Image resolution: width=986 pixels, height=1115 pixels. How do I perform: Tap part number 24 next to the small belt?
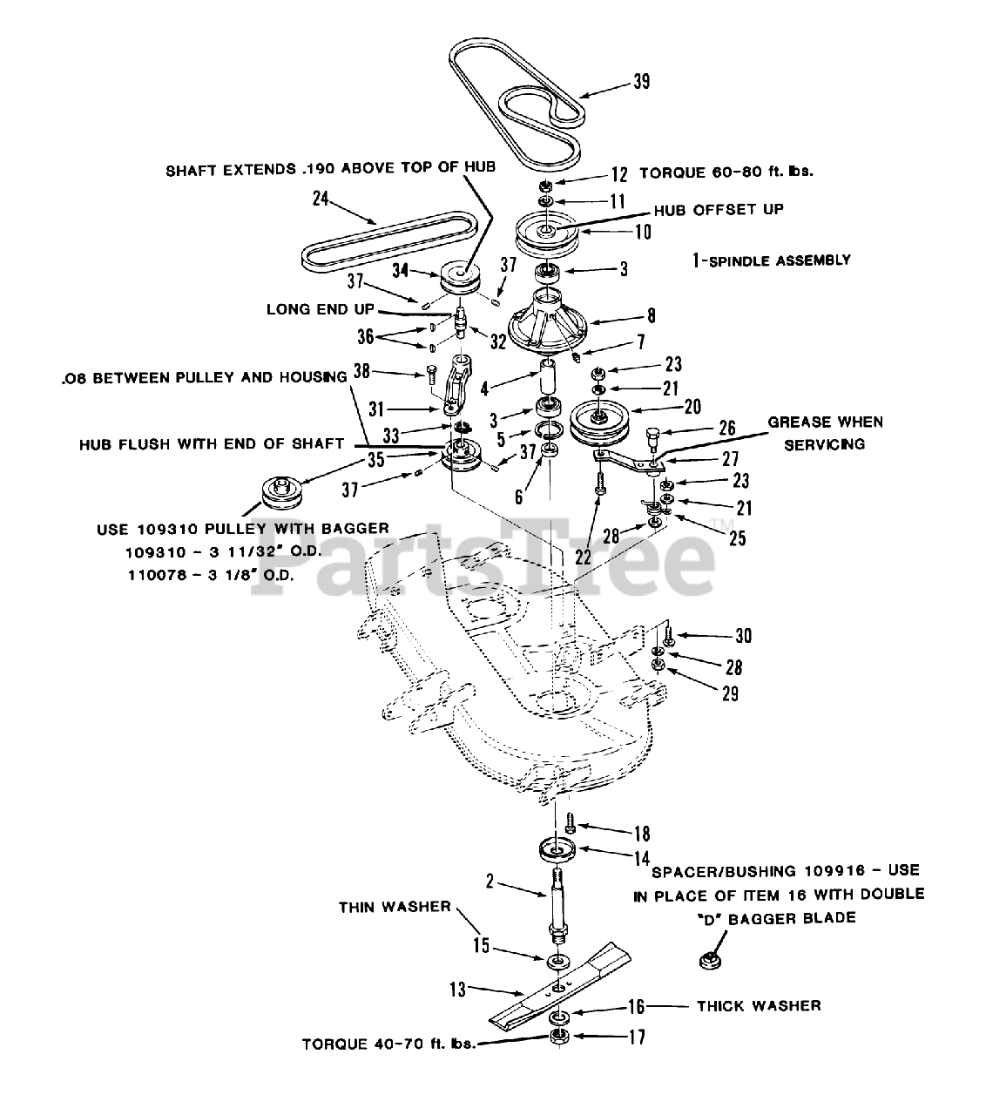(x=320, y=199)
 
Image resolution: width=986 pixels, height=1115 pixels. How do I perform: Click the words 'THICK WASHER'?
(x=758, y=1006)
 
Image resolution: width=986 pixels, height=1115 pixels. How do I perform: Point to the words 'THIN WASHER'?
(x=395, y=907)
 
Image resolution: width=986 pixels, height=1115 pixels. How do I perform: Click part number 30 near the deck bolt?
(x=742, y=637)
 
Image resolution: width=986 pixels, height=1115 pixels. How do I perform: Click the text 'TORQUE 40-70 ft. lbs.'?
(x=388, y=1043)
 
